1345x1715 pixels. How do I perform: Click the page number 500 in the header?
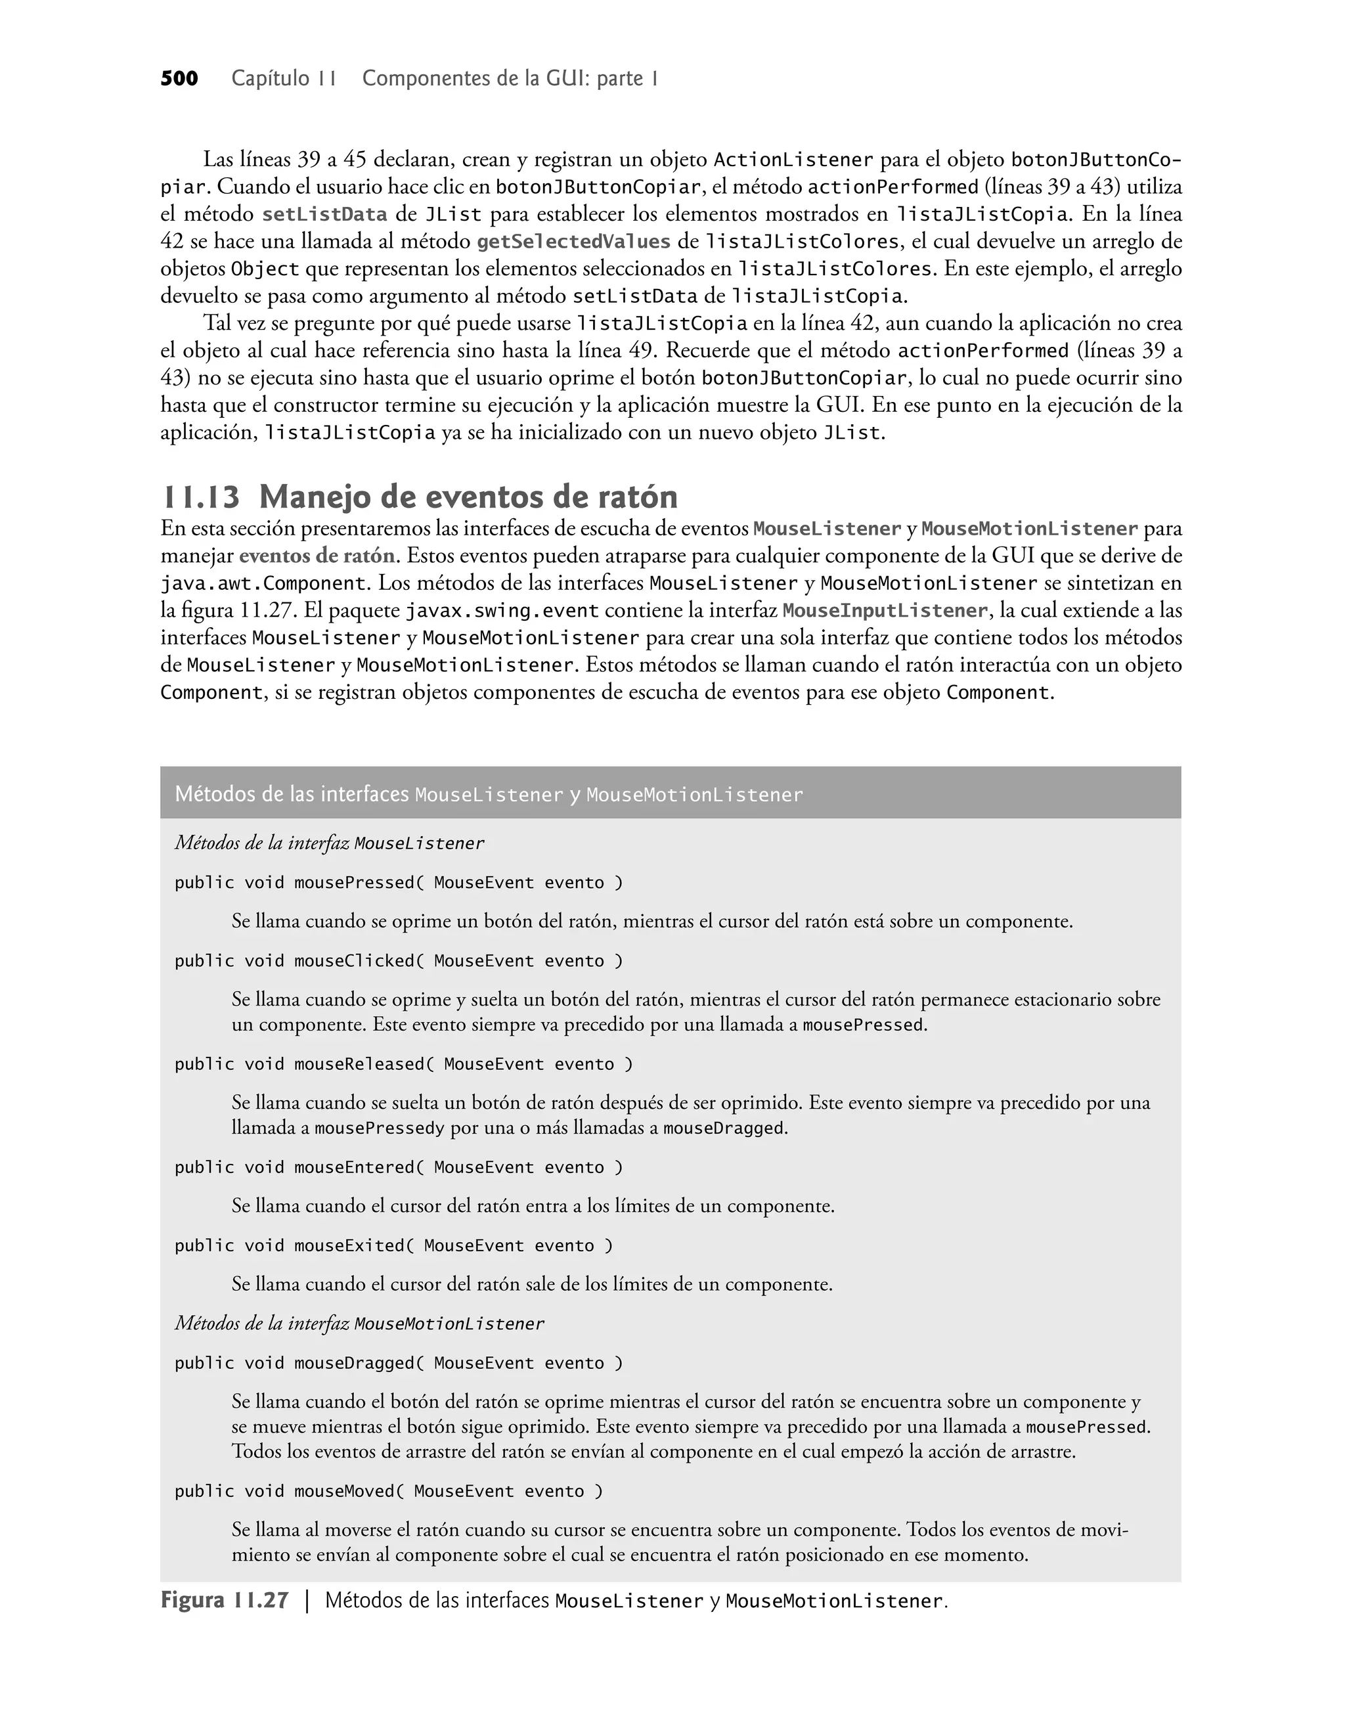179,79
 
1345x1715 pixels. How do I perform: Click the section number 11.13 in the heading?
200,498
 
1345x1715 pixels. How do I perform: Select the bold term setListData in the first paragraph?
324,215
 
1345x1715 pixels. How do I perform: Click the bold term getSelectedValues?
573,242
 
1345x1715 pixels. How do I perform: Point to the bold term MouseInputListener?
885,611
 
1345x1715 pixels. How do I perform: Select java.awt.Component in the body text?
263,585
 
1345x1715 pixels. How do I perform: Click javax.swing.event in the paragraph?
502,611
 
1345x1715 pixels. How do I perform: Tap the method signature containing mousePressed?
399,883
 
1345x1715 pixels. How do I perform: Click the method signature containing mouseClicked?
399,962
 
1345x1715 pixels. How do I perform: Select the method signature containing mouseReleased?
403,1065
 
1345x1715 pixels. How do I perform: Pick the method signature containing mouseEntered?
399,1168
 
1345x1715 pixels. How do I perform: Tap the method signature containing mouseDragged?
399,1363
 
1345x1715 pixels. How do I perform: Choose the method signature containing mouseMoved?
389,1492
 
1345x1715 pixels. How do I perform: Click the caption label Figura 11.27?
225,1601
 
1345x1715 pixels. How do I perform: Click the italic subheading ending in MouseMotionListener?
359,1324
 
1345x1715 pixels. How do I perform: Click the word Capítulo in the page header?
270,79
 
